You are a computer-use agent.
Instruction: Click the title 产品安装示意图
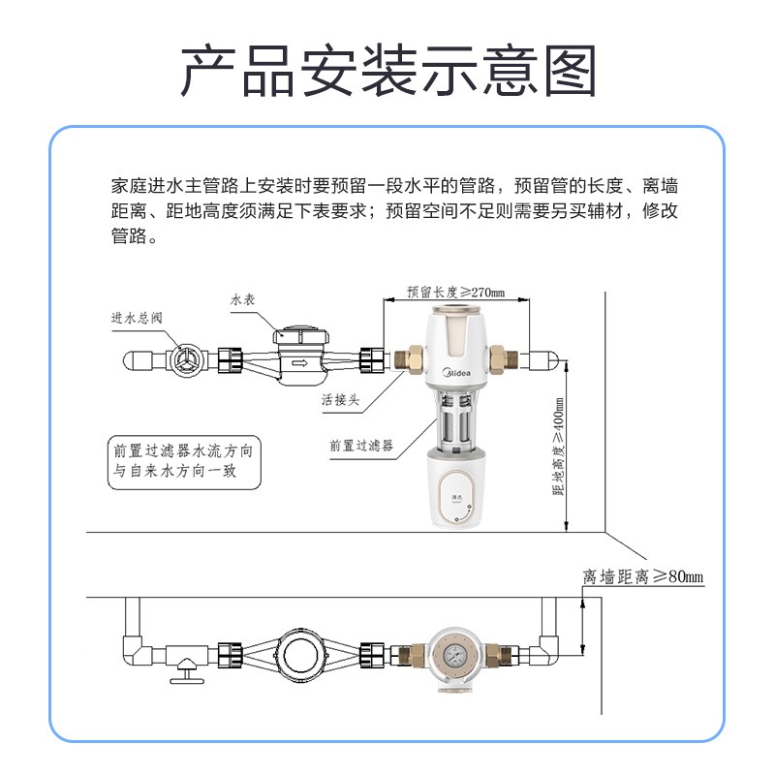point(387,70)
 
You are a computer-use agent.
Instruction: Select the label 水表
point(242,301)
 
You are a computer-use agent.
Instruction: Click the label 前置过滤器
point(360,446)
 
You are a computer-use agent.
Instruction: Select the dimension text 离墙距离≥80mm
point(642,577)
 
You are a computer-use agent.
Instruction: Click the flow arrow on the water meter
point(298,364)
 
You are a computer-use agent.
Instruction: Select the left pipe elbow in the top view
point(134,646)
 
